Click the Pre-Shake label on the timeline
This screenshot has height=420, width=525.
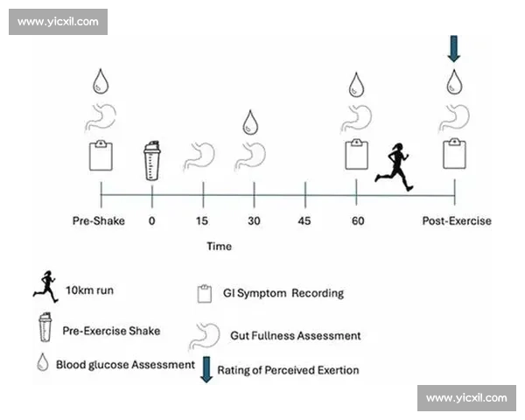[x=98, y=221]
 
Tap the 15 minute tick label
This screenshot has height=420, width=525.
[x=202, y=221]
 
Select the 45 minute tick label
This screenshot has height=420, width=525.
[x=304, y=221]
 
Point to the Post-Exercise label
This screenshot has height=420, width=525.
[x=457, y=221]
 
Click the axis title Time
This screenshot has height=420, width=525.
[x=219, y=246]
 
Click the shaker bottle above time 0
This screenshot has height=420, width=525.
[x=152, y=161]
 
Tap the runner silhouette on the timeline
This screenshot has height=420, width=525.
[x=394, y=167]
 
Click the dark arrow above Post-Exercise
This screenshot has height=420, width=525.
[x=453, y=49]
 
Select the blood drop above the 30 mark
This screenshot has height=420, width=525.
[x=250, y=122]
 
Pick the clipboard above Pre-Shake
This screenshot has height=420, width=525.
[x=101, y=156]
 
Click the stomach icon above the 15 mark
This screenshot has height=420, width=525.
[x=199, y=157]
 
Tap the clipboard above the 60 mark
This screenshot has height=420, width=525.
[x=357, y=154]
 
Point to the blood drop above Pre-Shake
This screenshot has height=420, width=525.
[x=101, y=81]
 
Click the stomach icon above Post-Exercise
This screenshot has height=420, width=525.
[x=455, y=118]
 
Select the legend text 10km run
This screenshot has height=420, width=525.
[x=89, y=290]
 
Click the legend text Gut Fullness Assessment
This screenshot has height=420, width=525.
[x=296, y=336]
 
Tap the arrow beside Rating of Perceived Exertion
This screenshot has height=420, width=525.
[x=206, y=369]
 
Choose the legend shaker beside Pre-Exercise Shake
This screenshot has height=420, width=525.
[x=45, y=327]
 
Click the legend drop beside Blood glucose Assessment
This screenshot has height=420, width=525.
[x=43, y=362]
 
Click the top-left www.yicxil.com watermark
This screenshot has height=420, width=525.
[x=59, y=22]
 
